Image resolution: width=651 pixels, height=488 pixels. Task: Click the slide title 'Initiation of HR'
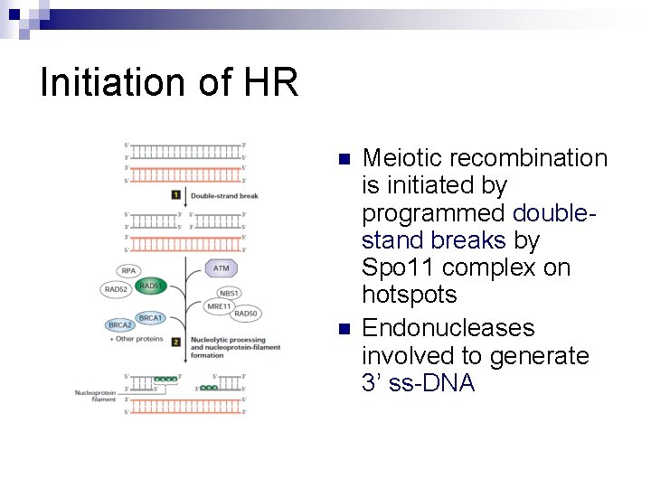click(169, 83)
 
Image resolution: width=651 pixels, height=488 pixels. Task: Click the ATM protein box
click(222, 268)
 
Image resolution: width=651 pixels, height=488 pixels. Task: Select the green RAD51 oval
click(150, 286)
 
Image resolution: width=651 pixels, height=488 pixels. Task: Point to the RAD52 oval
click(116, 289)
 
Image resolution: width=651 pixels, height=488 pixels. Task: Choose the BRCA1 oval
click(150, 317)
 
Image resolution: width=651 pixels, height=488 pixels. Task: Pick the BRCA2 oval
click(119, 324)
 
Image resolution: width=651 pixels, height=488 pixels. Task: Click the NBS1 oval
click(229, 293)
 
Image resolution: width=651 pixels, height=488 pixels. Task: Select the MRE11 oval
click(220, 306)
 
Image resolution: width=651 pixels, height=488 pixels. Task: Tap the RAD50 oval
click(246, 314)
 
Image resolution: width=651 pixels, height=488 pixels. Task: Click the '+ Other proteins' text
click(137, 339)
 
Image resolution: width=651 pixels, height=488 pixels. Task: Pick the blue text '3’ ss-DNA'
click(418, 382)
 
